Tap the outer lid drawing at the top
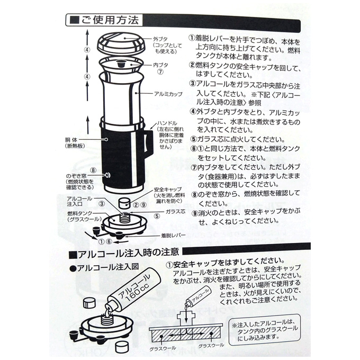click(121, 43)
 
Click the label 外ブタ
click(160, 39)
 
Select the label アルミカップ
click(168, 94)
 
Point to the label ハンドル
click(167, 123)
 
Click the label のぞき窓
click(76, 176)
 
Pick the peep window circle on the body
click(107, 175)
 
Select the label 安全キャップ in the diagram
click(168, 190)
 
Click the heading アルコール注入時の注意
click(128, 253)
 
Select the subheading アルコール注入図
click(107, 267)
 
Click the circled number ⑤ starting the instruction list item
click(194, 139)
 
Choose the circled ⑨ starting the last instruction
click(195, 213)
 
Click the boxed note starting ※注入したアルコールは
click(265, 330)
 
